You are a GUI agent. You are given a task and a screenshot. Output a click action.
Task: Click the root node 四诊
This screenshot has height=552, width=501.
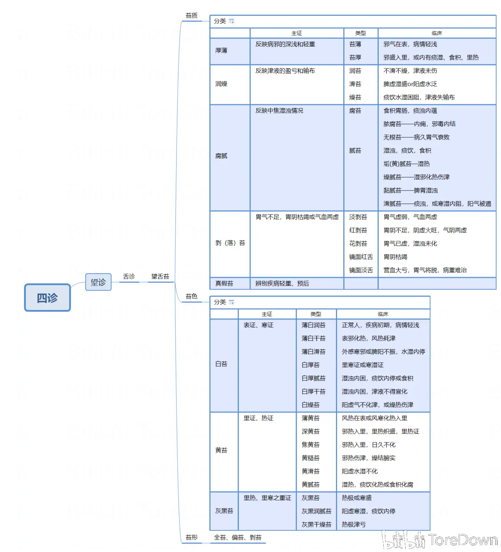[x=47, y=298]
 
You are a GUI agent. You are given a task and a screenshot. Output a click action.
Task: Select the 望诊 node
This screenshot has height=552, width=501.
[x=98, y=282]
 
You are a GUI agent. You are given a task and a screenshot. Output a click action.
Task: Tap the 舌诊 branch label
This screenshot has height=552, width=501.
[x=129, y=276]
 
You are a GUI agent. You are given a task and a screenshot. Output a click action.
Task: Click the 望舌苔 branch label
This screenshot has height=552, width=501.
[x=160, y=276]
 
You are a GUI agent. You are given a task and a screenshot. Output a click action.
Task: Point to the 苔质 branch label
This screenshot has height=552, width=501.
[x=191, y=16]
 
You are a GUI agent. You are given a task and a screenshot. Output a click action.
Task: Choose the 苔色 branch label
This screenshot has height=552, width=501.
[x=191, y=296]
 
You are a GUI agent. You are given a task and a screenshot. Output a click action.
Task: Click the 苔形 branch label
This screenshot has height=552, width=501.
[x=191, y=537]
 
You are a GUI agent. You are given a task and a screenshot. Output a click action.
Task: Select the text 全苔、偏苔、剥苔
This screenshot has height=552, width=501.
[x=237, y=537]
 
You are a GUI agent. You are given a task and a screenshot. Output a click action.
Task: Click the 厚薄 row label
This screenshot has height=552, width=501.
[x=221, y=50]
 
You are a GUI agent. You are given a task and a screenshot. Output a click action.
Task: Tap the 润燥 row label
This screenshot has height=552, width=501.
[x=221, y=84]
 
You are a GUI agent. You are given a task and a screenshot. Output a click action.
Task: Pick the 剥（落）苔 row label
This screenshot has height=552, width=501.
[x=230, y=243]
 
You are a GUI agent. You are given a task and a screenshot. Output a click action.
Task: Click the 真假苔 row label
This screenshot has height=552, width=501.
[x=224, y=284]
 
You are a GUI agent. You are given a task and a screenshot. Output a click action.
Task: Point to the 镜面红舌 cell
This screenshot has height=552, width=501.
[x=361, y=257]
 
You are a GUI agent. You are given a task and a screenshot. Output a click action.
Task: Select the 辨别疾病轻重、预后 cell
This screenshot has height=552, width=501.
[x=282, y=284]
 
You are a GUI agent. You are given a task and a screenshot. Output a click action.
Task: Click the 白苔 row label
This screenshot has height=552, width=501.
[x=221, y=364]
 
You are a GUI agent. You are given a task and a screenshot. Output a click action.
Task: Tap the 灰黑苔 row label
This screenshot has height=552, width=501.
[x=224, y=511]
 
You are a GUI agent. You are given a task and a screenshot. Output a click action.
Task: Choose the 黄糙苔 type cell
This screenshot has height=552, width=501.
[x=311, y=458]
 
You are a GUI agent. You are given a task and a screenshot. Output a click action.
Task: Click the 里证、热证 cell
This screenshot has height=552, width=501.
[x=258, y=418]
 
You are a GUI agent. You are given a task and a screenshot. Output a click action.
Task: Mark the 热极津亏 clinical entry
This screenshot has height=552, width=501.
[x=354, y=524]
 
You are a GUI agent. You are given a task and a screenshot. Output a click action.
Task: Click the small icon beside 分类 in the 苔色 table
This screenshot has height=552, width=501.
[x=232, y=302]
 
